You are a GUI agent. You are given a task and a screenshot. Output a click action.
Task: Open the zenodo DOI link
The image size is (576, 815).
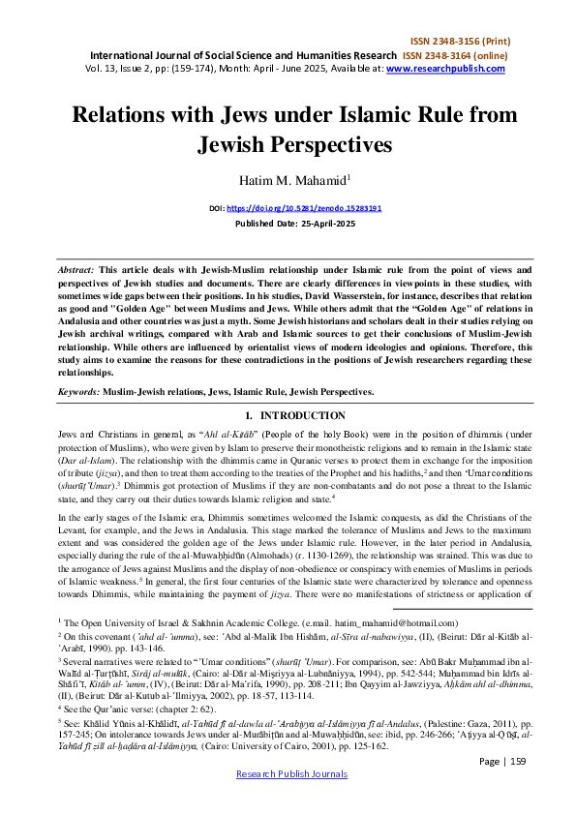pos(307,208)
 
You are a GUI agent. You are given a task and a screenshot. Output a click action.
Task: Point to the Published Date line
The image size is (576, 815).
pos(288,224)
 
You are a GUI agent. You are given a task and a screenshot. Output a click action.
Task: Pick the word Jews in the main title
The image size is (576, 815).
pos(221,114)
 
